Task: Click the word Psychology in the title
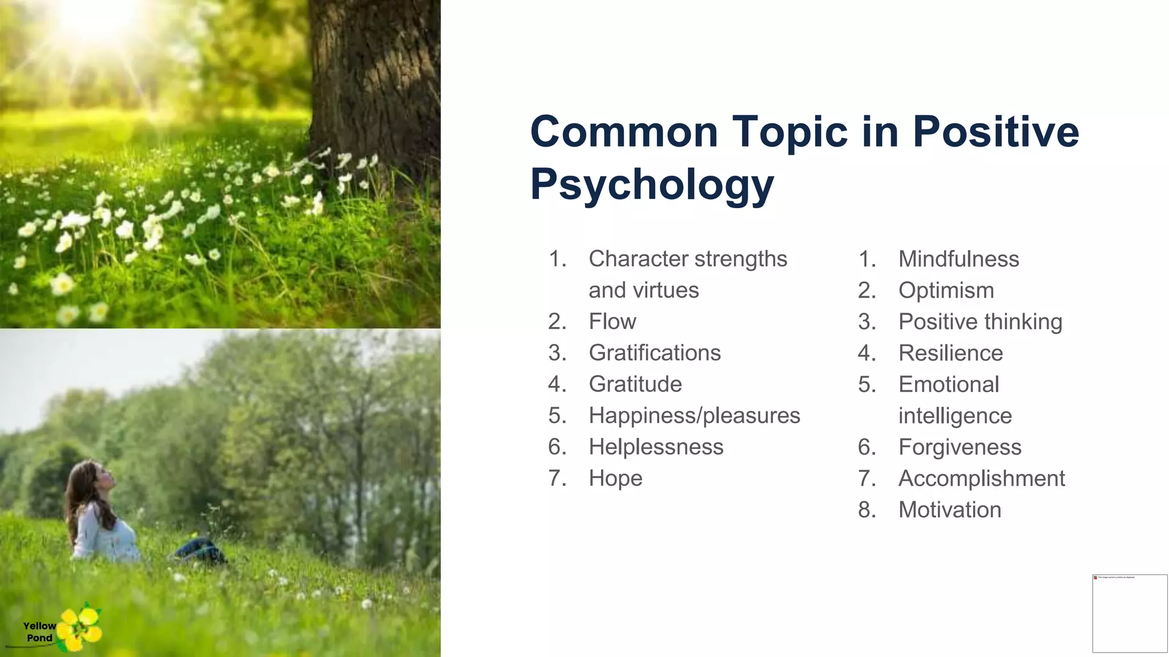652,185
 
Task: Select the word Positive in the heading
995,132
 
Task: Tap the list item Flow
612,322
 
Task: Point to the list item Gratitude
635,384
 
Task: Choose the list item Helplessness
656,447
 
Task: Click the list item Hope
615,478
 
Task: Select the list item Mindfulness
958,259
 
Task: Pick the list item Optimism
946,291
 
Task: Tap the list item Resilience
950,354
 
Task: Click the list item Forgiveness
960,447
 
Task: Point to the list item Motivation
950,510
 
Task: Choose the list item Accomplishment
981,478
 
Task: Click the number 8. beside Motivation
866,510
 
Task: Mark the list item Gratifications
654,353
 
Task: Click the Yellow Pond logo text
39,632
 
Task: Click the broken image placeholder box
1130,613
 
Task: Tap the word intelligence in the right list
954,416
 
